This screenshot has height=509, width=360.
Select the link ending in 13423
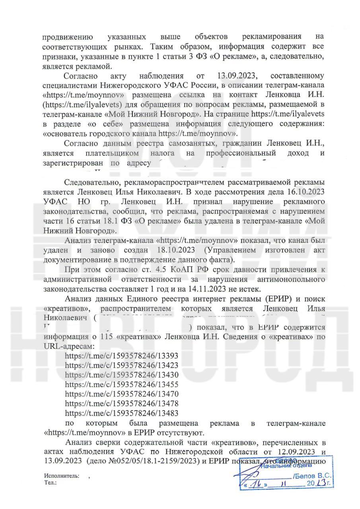[121, 365]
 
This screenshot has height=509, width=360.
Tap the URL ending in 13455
[121, 385]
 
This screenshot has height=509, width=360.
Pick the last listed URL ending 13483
[121, 413]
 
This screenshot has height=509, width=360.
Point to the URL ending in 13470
[121, 394]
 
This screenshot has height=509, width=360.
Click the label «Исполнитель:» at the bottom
[62, 476]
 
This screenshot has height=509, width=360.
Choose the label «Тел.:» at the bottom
[51, 482]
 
